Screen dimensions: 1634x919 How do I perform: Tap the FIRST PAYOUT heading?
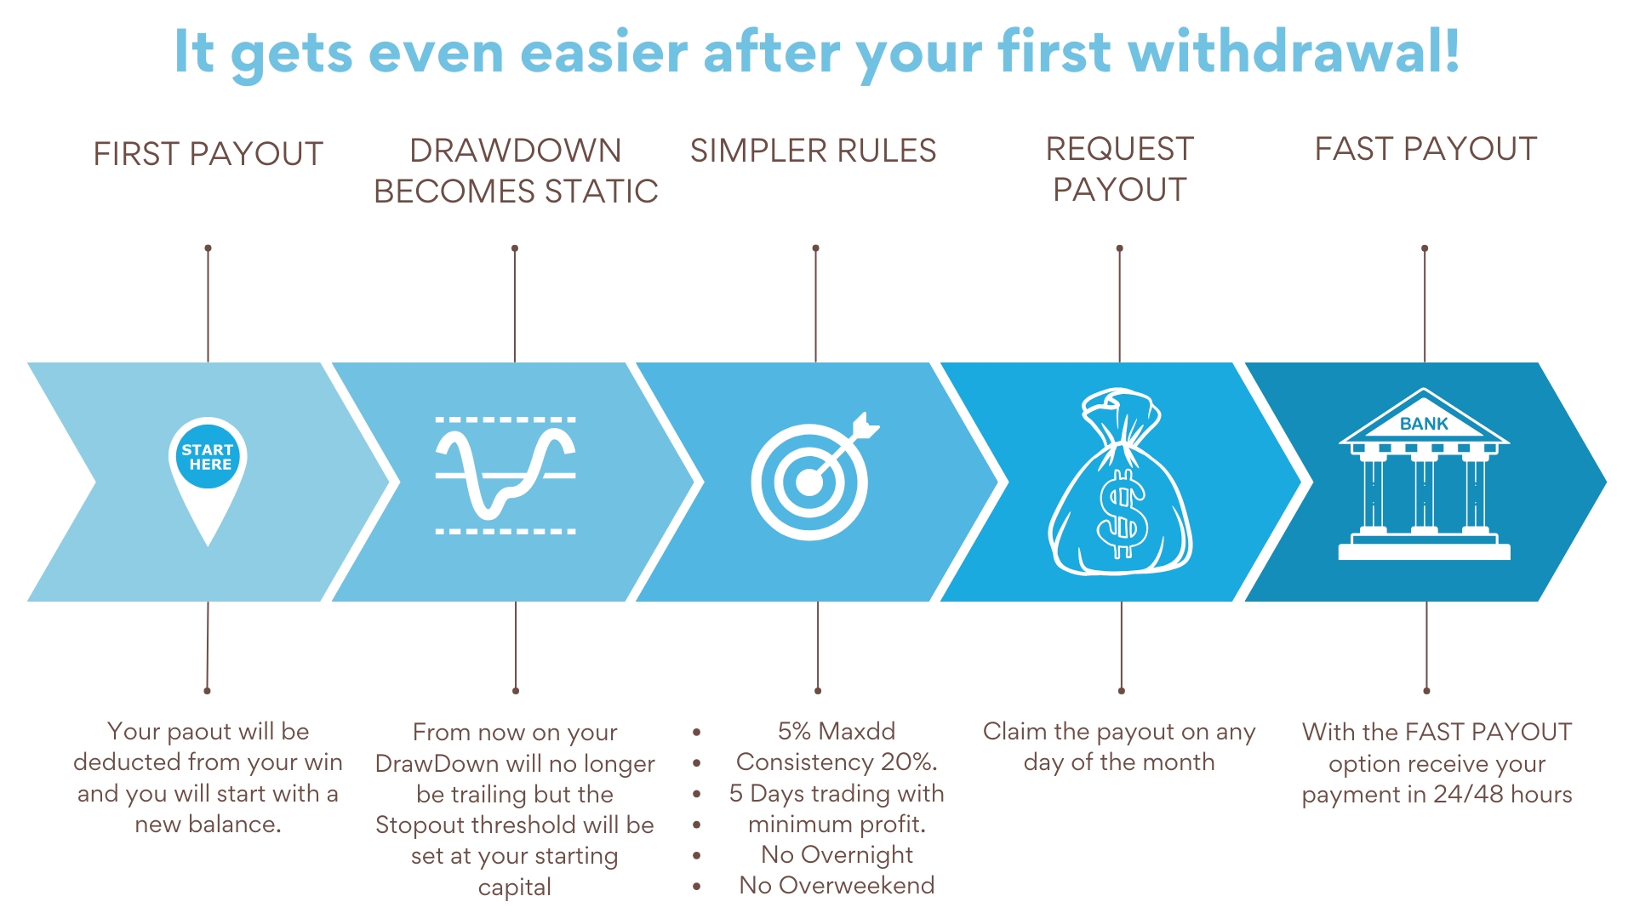(209, 154)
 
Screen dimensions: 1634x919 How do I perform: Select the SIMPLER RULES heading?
(813, 151)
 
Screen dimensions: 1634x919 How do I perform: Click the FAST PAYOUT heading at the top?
(1425, 149)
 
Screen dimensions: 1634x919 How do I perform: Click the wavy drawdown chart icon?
(506, 476)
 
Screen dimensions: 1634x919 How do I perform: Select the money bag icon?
(1120, 482)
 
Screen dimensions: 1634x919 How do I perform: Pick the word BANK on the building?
(1424, 424)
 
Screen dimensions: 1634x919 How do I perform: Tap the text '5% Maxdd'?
(837, 731)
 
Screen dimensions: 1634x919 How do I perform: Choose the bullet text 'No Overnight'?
(837, 854)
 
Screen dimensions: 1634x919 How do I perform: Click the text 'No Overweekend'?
(837, 885)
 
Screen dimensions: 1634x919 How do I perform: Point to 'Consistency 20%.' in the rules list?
(837, 762)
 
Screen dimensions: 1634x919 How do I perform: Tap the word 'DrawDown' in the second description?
(437, 763)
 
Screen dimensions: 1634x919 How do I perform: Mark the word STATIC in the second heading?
(601, 191)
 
